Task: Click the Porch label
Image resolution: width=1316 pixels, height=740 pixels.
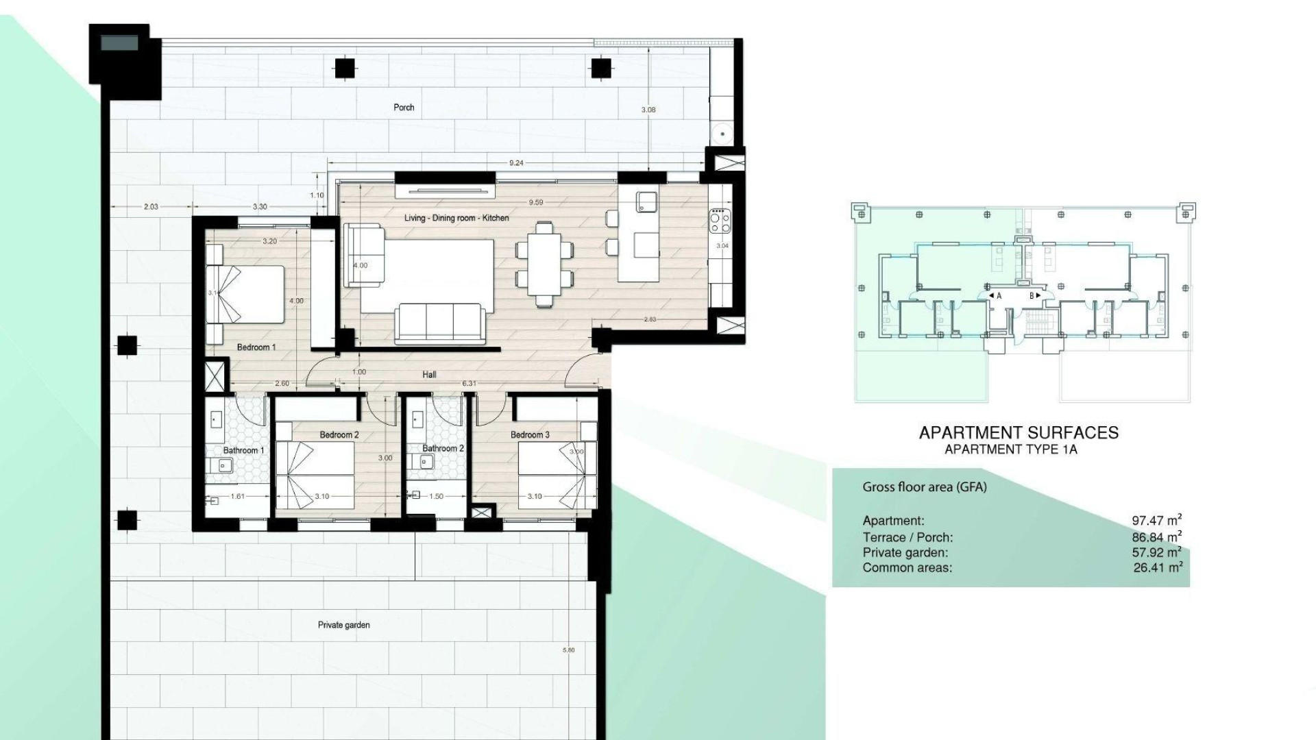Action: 404,108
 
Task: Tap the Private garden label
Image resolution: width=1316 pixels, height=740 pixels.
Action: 343,625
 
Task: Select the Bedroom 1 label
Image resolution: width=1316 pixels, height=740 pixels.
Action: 256,347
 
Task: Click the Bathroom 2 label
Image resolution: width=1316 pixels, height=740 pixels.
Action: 443,449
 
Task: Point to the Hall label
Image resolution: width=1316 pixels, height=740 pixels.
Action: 429,375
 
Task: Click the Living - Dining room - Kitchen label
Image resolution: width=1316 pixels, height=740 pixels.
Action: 456,218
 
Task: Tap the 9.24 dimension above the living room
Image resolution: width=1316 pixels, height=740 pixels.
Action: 516,163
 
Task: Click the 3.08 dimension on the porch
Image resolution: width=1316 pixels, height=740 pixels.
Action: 648,110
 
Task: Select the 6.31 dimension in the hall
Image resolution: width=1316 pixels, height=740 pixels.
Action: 469,384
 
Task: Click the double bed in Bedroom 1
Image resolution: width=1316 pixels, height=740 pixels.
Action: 246,294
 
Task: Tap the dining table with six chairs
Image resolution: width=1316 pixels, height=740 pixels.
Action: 544,264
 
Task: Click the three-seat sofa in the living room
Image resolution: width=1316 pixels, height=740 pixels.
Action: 440,323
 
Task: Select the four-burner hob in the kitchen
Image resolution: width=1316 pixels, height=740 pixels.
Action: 720,220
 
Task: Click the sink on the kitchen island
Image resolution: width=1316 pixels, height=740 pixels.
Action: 647,201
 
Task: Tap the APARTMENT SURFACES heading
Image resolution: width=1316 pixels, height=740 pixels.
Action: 1018,432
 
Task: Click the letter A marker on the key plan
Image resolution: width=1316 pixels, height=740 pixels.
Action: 999,296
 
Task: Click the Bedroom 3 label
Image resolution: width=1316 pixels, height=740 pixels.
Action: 530,435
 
